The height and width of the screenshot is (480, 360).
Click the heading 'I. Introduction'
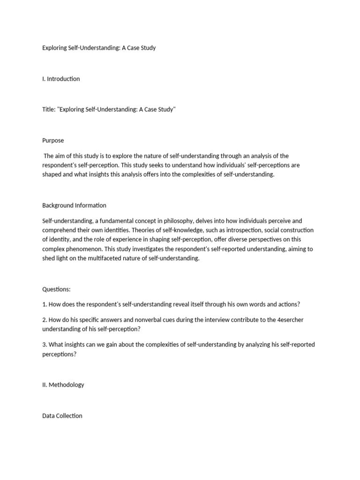point(61,79)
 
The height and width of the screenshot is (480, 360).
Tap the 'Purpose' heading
point(53,140)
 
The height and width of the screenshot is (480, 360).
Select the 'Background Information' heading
point(74,205)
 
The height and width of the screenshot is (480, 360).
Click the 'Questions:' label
point(56,289)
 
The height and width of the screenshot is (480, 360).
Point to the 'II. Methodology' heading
point(63,385)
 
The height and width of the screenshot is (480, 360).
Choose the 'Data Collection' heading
point(62,416)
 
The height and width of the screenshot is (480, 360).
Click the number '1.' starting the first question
point(45,304)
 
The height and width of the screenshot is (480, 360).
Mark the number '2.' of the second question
point(45,320)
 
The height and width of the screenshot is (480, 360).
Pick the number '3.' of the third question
point(45,345)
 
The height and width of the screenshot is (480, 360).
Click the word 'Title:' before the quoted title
point(49,109)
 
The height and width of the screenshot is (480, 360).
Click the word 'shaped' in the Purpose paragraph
point(52,174)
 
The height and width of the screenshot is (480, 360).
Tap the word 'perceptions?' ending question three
point(59,354)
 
